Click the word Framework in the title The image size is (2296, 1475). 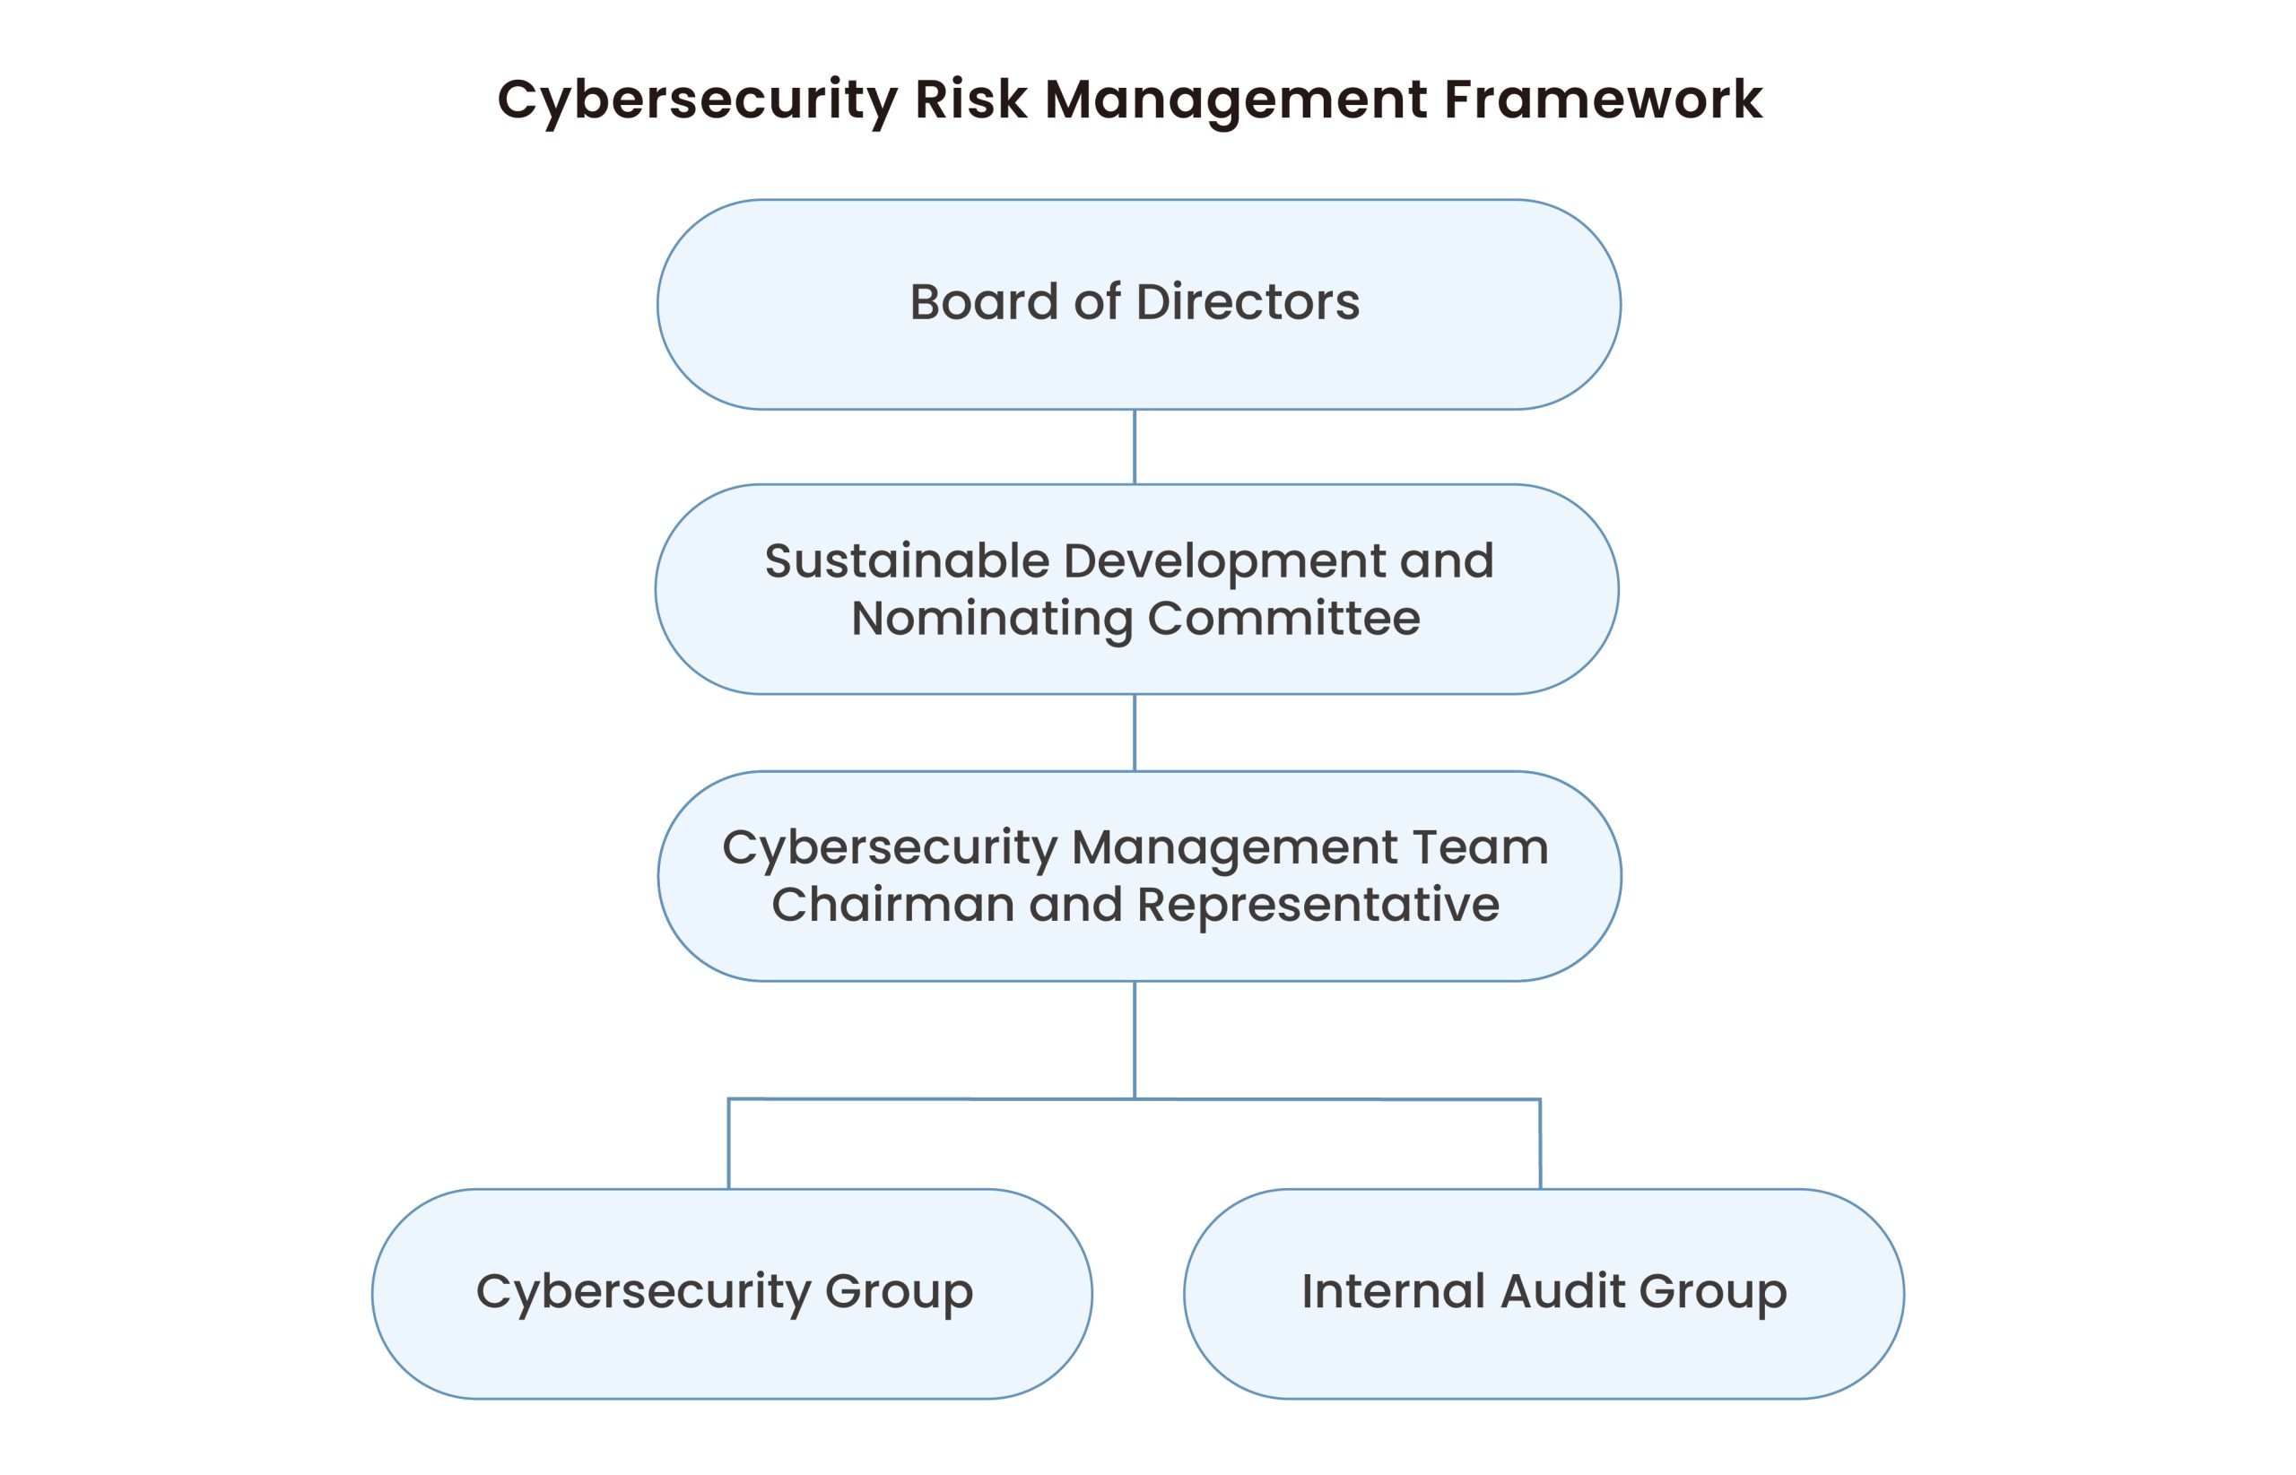[1602, 99]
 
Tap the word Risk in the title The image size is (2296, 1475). [970, 99]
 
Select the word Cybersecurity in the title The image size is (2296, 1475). [699, 100]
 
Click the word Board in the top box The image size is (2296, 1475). [985, 303]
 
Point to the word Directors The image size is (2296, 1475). [1248, 303]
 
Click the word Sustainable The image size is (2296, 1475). [906, 561]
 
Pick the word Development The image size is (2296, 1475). [1224, 561]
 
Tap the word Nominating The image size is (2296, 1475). [991, 619]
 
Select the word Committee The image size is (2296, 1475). [1283, 619]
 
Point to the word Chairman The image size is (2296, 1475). [892, 905]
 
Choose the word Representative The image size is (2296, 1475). [1318, 905]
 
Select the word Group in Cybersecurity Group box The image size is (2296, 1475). [899, 1293]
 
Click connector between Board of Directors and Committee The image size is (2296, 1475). [1135, 447]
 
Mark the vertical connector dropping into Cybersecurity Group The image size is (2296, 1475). [729, 1144]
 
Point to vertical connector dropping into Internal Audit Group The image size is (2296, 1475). [1540, 1144]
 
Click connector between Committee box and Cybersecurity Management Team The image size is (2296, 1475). [1135, 733]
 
